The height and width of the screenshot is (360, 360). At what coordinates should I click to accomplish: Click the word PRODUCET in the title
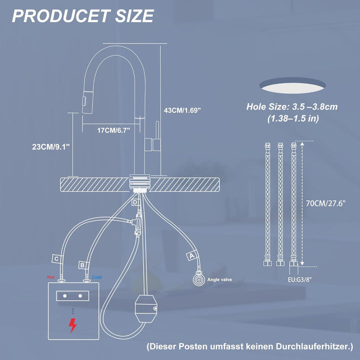tap(60, 16)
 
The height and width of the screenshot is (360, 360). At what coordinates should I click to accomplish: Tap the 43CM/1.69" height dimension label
tap(182, 110)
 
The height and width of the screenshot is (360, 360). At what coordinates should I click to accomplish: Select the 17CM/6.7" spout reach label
tap(113, 130)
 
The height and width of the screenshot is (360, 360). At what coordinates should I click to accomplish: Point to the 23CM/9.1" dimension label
tap(50, 146)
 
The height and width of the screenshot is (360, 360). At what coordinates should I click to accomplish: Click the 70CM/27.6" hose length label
tap(325, 203)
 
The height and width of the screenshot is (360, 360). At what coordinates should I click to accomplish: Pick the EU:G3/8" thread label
tap(300, 280)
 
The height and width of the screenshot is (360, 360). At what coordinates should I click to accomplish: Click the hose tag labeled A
tap(191, 255)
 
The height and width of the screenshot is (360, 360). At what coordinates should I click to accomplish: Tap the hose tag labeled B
tap(82, 265)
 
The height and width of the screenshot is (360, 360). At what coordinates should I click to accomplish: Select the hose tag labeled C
tap(56, 259)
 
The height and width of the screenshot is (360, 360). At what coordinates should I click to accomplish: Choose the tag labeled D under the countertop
tap(135, 202)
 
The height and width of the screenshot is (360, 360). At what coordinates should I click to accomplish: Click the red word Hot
tap(50, 277)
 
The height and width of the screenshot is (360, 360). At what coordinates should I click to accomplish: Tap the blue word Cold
tap(96, 277)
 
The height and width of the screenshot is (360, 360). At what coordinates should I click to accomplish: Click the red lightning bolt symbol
tap(73, 325)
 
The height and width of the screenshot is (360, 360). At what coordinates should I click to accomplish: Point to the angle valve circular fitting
tap(198, 279)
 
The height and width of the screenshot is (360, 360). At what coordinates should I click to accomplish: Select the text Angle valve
tap(219, 279)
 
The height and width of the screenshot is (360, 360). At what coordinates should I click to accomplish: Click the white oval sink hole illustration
tap(292, 88)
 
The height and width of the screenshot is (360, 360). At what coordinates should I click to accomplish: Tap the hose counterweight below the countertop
tap(146, 309)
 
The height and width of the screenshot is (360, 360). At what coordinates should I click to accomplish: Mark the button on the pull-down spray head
tap(84, 101)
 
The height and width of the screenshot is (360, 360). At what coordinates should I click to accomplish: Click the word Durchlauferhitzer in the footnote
tap(314, 346)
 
